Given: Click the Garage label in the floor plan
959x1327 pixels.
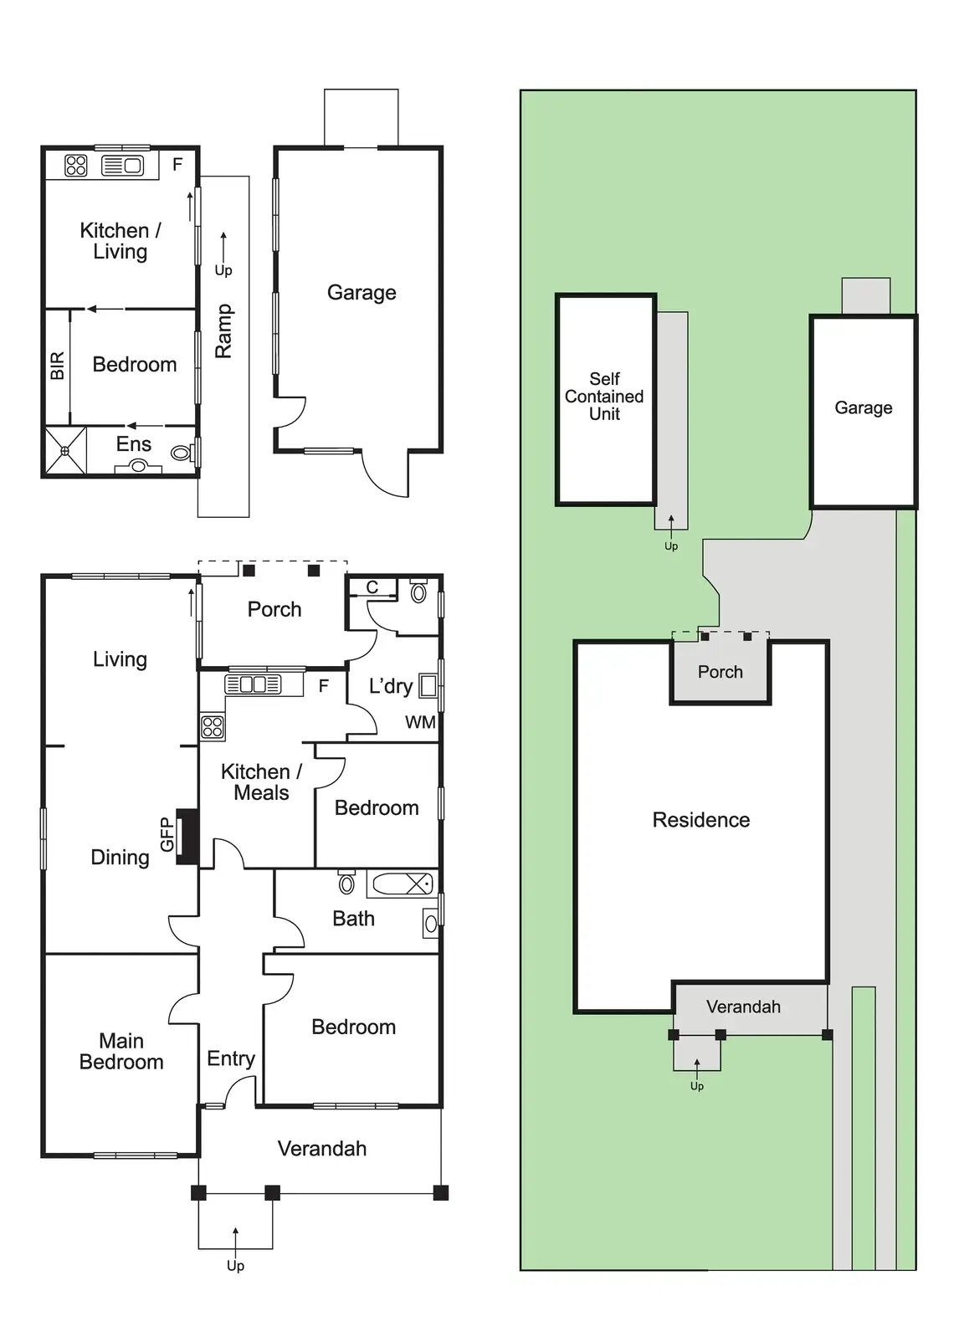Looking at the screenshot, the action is coord(362,293).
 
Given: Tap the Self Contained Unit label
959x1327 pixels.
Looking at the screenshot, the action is coord(604,397).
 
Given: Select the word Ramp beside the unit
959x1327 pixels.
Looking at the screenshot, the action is coord(223,331).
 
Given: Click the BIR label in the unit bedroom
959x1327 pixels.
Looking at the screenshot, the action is coord(57,366).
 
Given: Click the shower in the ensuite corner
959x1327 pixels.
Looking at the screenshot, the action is coord(65,452).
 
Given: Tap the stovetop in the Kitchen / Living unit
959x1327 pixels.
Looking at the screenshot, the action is coord(76,166).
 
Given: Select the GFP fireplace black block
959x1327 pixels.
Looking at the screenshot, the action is coord(187,837).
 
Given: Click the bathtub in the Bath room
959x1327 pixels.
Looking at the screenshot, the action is coord(401,884).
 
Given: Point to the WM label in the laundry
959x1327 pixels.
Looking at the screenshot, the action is coord(420,722).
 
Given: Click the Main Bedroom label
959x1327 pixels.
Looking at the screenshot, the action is coord(121,1052).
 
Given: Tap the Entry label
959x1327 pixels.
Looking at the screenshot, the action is coord(231,1058).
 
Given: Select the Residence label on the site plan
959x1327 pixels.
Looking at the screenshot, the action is coord(700,820).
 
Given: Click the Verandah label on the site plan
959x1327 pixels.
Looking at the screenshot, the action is coord(743,1007).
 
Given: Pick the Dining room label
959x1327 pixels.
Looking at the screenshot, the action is coord(120,857).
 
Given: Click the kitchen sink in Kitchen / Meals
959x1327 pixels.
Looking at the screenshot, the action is coord(254,684).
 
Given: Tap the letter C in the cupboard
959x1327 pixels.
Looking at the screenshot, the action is coord(372,587).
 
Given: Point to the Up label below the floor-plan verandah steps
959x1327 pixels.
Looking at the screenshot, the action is coord(235,1266).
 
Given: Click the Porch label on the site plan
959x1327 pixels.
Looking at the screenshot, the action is coord(720,672).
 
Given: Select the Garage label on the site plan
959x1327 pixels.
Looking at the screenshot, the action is coord(863,407).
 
